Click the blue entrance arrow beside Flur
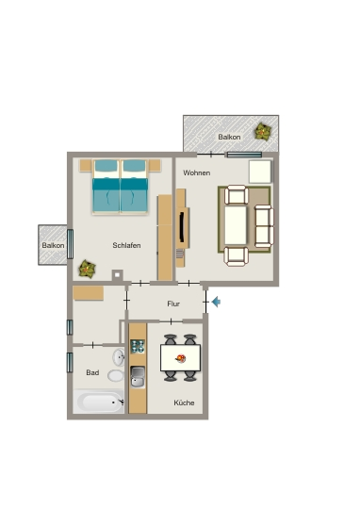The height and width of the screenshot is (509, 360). pos(216,302)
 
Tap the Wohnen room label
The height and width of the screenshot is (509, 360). pos(196,172)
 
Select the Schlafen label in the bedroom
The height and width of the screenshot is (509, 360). pos(126,245)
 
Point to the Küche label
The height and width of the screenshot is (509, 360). pos(184,402)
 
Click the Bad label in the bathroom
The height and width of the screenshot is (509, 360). pos(92,372)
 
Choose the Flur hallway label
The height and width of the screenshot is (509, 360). pos(173,304)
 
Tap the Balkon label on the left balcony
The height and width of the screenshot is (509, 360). pos(53,245)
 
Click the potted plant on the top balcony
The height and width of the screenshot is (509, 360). pos(263,131)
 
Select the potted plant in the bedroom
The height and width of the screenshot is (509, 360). pos(87,269)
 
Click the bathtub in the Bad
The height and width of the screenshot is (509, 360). pos(99,402)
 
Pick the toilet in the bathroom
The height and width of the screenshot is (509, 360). pos(116,375)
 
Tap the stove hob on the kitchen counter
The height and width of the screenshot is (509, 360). pos(138,346)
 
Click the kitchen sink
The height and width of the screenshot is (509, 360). pos(138,376)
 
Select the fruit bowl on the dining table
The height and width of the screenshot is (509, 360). pos(181,358)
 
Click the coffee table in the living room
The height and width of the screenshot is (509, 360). pos(236,225)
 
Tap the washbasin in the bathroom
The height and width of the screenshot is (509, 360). pos(119,357)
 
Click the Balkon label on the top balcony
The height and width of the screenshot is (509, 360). pos(229,137)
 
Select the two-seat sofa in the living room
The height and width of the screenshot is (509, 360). pos(264,226)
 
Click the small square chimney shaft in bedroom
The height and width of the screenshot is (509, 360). pos(117,275)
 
